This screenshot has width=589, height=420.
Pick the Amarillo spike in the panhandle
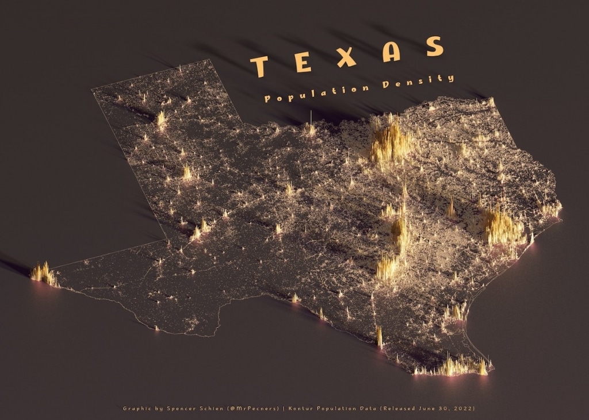[x=161, y=119]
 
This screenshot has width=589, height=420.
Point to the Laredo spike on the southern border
[x=379, y=337]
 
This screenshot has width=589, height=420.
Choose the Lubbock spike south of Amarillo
[x=187, y=172]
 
